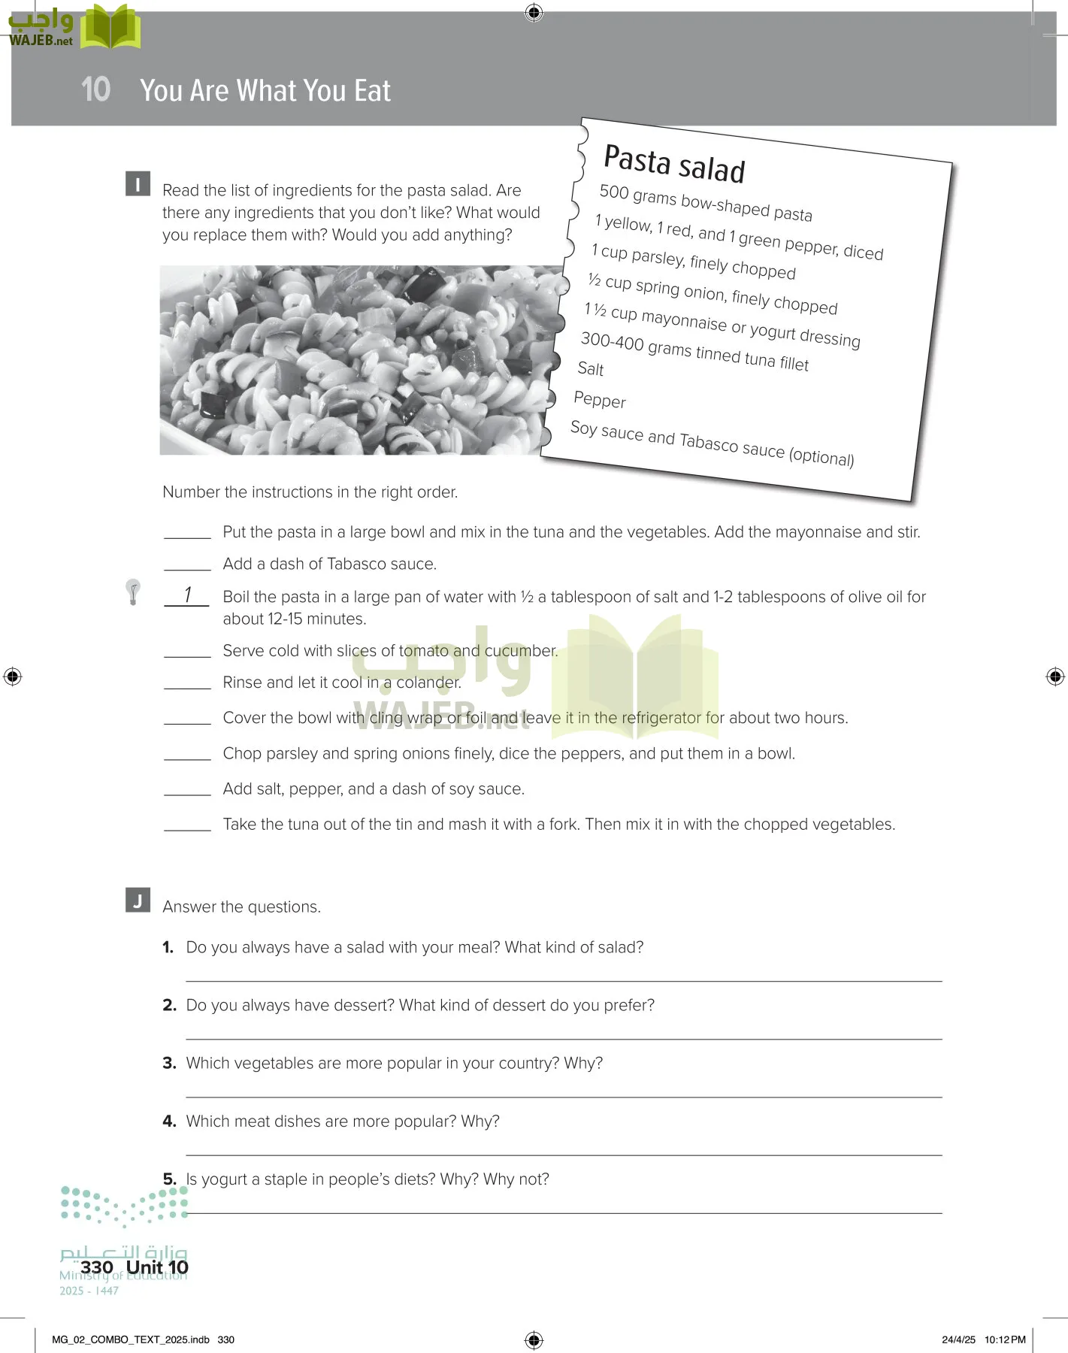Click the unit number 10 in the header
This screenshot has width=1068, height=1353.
95,89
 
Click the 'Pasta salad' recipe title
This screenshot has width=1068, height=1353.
674,164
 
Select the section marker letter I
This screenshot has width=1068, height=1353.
138,184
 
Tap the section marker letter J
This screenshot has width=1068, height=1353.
138,900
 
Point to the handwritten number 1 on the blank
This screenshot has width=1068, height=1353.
187,595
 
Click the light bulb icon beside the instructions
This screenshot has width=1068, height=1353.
133,592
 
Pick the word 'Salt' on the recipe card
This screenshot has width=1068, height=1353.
591,368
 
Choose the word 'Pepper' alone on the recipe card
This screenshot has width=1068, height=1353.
600,400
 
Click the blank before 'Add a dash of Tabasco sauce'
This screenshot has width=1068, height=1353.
187,565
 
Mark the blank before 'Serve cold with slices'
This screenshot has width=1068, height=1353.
187,652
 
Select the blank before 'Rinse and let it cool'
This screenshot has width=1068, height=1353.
187,684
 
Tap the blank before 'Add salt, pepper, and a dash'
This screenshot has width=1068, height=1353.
187,791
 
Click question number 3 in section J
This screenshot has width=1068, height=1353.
169,1063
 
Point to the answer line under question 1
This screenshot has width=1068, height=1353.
564,980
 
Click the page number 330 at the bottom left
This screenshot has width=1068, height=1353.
97,1267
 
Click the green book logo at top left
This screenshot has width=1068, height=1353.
110,28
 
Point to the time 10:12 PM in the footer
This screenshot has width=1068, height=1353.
1005,1339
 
